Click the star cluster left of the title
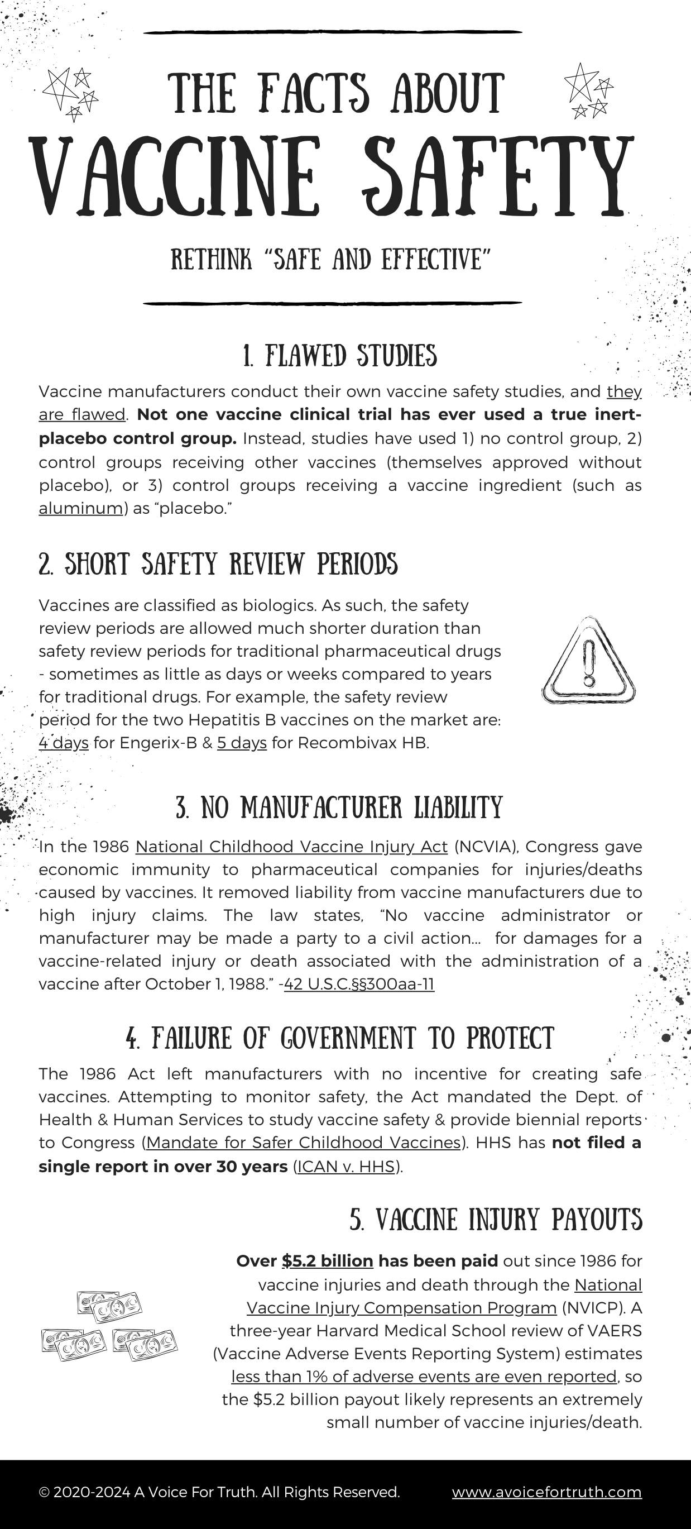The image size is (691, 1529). tap(70, 93)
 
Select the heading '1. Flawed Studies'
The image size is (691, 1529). tap(340, 356)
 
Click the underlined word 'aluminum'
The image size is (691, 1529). tap(81, 509)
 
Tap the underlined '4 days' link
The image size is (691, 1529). tap(64, 743)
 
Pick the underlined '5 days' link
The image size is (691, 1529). tap(242, 743)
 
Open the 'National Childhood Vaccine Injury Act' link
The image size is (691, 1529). tap(291, 847)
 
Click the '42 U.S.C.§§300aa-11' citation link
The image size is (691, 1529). tap(359, 984)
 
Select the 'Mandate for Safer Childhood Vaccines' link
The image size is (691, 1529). tap(303, 1143)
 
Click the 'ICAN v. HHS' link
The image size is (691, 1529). tap(347, 1167)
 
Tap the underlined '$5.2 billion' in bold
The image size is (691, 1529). tap(327, 1262)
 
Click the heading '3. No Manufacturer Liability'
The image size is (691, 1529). tap(339, 808)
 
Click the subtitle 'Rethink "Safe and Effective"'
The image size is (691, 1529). tap(331, 259)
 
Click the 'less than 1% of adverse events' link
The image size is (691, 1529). tap(424, 1377)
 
